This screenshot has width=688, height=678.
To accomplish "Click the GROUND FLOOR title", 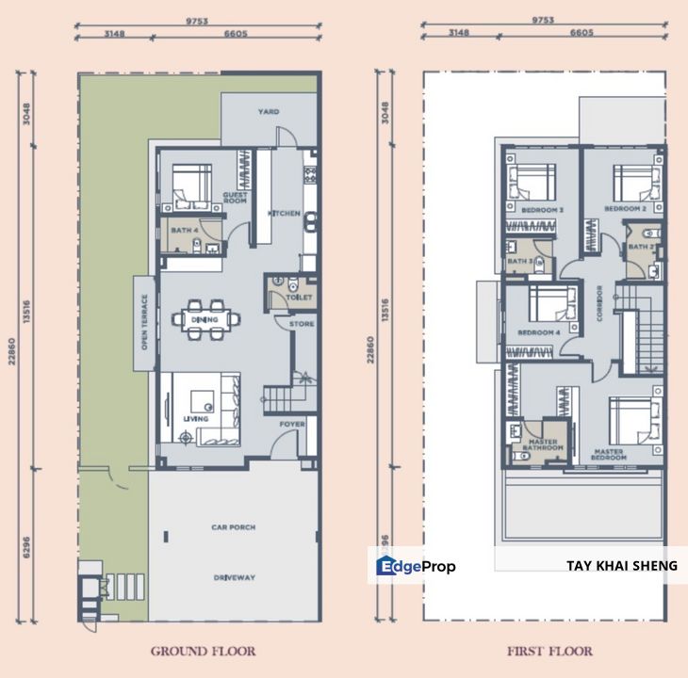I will [203, 651].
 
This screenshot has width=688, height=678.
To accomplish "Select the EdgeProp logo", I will [416, 566].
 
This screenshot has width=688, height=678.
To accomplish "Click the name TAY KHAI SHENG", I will [621, 566].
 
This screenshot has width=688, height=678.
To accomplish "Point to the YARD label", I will [269, 111].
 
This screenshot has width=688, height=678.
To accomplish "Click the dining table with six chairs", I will [205, 317].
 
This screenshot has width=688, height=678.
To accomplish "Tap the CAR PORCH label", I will [234, 527].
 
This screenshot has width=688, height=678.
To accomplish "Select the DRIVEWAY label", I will [234, 577].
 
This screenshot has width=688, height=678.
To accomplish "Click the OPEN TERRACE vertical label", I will [144, 322].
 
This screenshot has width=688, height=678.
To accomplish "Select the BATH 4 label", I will [184, 230].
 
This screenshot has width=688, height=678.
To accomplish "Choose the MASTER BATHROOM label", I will [544, 444].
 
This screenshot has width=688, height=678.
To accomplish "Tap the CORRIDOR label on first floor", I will [598, 304].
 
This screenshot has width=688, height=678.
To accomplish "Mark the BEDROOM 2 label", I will [625, 208].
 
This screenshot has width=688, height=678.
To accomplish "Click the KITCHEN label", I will [284, 214].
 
